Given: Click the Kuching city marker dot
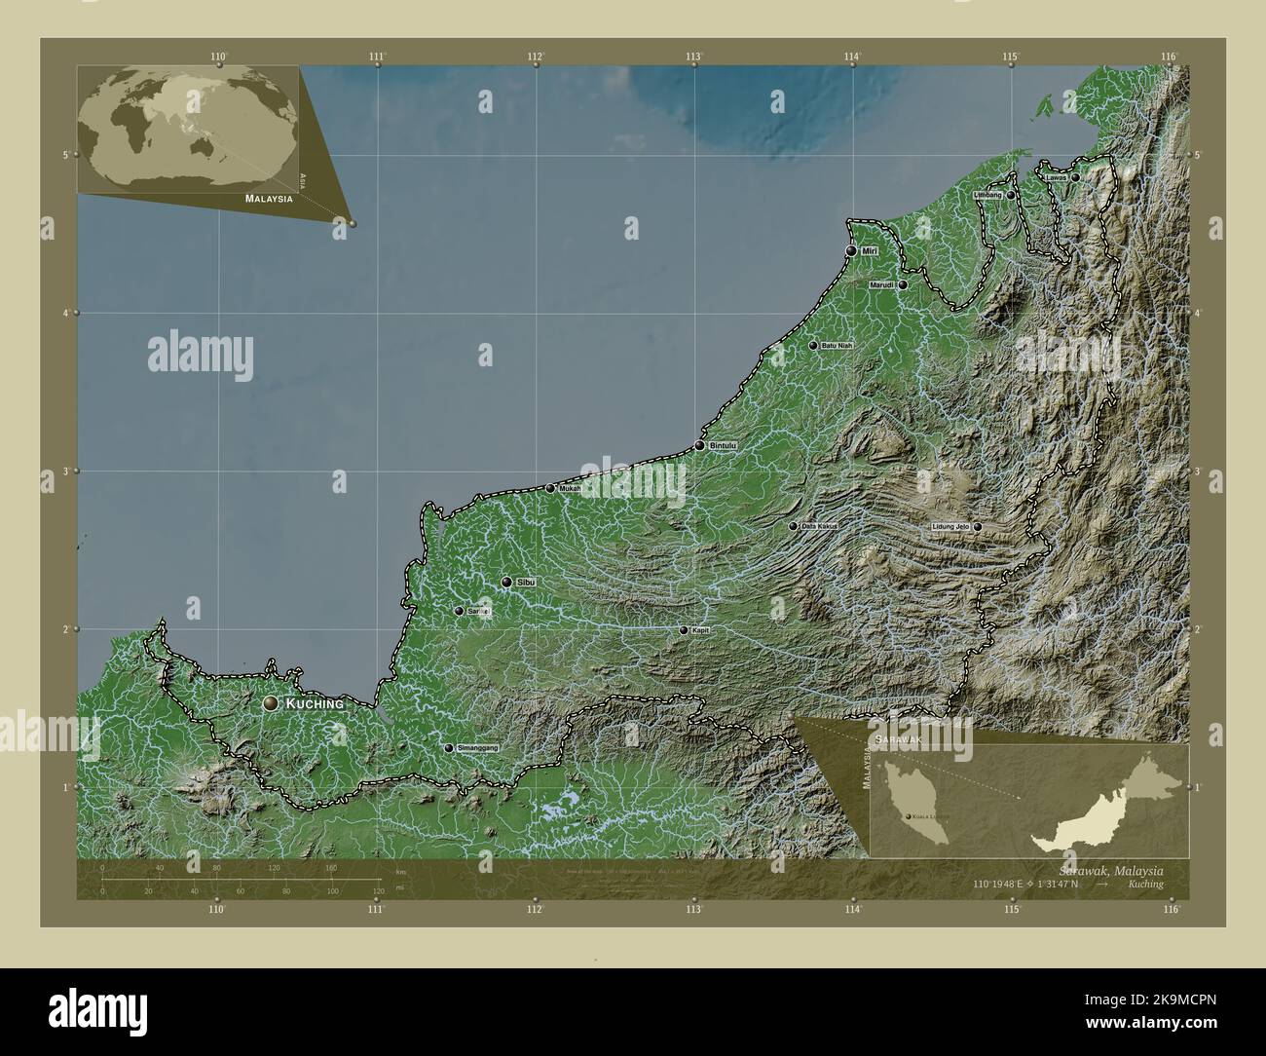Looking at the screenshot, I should [x=270, y=702].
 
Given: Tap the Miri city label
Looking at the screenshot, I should [x=870, y=251].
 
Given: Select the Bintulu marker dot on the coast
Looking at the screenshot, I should [x=699, y=445].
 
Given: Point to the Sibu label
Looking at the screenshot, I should [x=526, y=582].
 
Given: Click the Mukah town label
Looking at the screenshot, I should [x=570, y=488].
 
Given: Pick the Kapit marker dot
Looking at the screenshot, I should [x=684, y=630].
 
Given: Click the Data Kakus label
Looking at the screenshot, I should [x=819, y=526].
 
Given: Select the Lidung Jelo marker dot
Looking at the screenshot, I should [x=977, y=527].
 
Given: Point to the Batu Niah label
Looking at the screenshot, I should [x=837, y=346].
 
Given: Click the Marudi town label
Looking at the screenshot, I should [x=882, y=285].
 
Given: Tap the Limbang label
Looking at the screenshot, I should [x=987, y=196].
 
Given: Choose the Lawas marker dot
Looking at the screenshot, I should [x=1075, y=178].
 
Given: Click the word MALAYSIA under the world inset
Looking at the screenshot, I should [x=269, y=198].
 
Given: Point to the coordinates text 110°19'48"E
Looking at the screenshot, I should [x=1003, y=885].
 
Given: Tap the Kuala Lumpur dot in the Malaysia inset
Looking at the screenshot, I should [x=909, y=814].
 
